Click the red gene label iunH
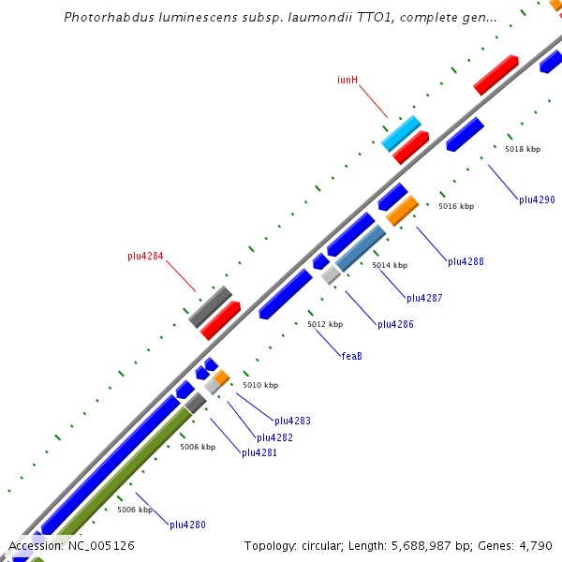pyautogui.click(x=348, y=81)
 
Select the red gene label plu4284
pyautogui.click(x=145, y=256)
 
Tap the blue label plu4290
pyautogui.click(x=537, y=200)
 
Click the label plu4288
pyautogui.click(x=466, y=261)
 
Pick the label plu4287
pyautogui.click(x=424, y=298)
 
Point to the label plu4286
pyautogui.click(x=395, y=324)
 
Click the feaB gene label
pyautogui.click(x=351, y=355)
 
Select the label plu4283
pyautogui.click(x=292, y=421)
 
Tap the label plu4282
pyautogui.click(x=275, y=437)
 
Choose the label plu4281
pyautogui.click(x=259, y=452)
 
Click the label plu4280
pyautogui.click(x=187, y=525)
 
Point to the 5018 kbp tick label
pyautogui.click(x=523, y=149)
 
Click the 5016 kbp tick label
pyautogui.click(x=456, y=206)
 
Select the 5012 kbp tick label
pyautogui.click(x=325, y=324)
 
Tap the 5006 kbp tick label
pyautogui.click(x=135, y=510)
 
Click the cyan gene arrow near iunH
pyautogui.click(x=401, y=133)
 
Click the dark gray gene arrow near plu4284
pyautogui.click(x=210, y=306)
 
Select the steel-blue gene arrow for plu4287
pyautogui.click(x=361, y=247)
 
